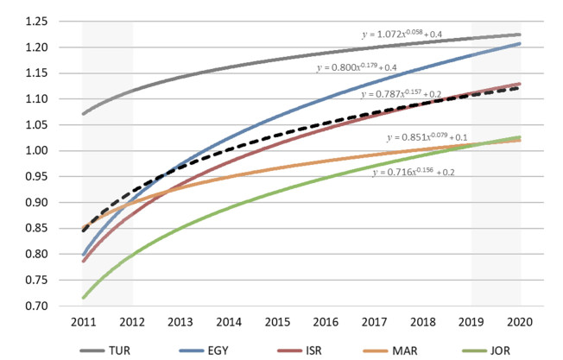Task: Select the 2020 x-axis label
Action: [x=520, y=321]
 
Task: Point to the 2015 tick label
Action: [x=276, y=321]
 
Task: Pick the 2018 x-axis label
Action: [x=422, y=321]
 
